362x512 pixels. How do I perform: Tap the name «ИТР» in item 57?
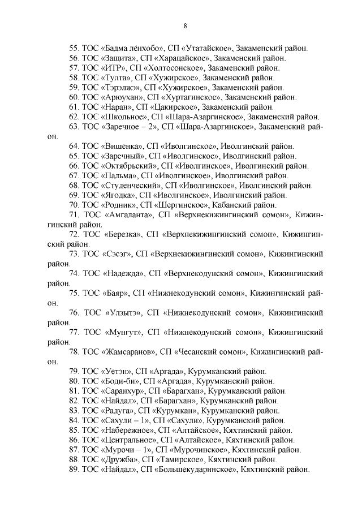coord(113,68)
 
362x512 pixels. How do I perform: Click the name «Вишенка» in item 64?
coord(122,147)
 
